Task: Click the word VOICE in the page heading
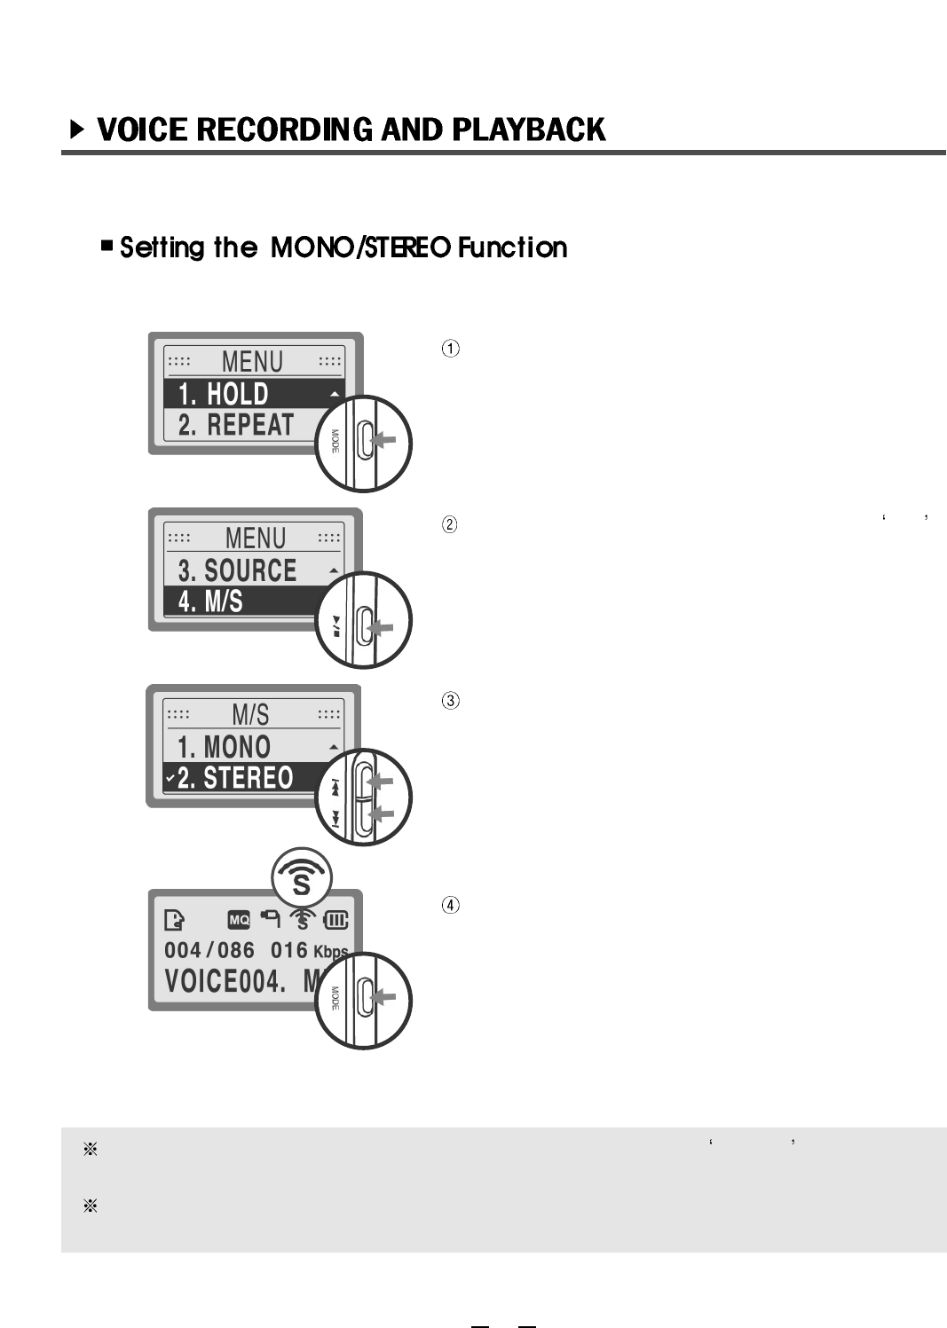142,130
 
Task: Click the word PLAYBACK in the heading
528,130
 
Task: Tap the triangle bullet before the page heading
78,130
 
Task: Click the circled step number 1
451,349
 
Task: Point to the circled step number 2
451,524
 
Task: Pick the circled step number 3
451,701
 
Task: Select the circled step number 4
451,906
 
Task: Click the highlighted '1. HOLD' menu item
224,394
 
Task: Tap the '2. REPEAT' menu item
235,425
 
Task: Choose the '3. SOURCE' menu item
237,570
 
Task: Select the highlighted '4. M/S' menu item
210,601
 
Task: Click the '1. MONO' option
224,747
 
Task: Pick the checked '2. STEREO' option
234,778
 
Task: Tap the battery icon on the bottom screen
336,920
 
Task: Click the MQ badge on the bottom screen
240,920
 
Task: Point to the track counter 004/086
209,950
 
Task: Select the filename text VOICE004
225,982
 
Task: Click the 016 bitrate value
289,950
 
